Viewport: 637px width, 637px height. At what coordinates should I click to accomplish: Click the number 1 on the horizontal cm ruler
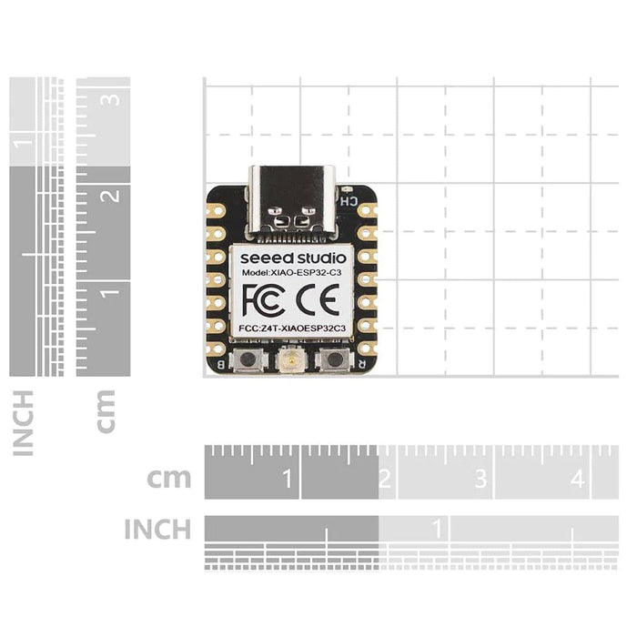click(x=288, y=478)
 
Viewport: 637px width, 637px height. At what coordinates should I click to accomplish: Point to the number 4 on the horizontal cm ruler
click(x=577, y=478)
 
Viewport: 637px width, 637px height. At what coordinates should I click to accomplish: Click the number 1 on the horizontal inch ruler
click(x=438, y=528)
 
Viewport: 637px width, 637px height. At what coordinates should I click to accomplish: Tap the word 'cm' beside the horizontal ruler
click(x=169, y=478)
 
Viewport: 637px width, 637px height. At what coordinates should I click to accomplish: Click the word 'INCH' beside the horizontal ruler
click(x=157, y=529)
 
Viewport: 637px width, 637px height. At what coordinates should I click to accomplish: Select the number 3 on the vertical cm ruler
click(x=111, y=99)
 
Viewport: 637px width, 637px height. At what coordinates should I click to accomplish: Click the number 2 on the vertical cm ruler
click(x=111, y=196)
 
